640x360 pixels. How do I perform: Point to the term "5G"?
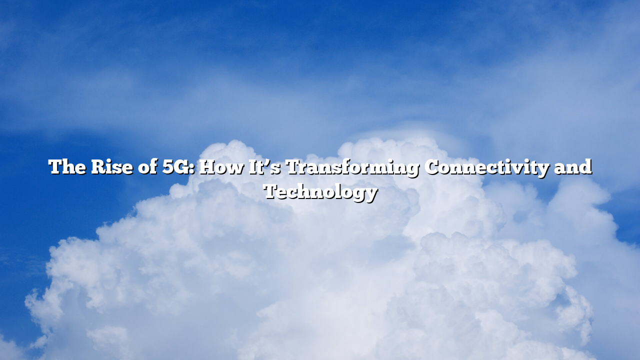177,167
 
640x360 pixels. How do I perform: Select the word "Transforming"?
352,167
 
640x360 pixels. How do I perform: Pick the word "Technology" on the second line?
320,191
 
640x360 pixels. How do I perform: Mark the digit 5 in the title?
168,167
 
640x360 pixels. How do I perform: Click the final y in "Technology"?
371,193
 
